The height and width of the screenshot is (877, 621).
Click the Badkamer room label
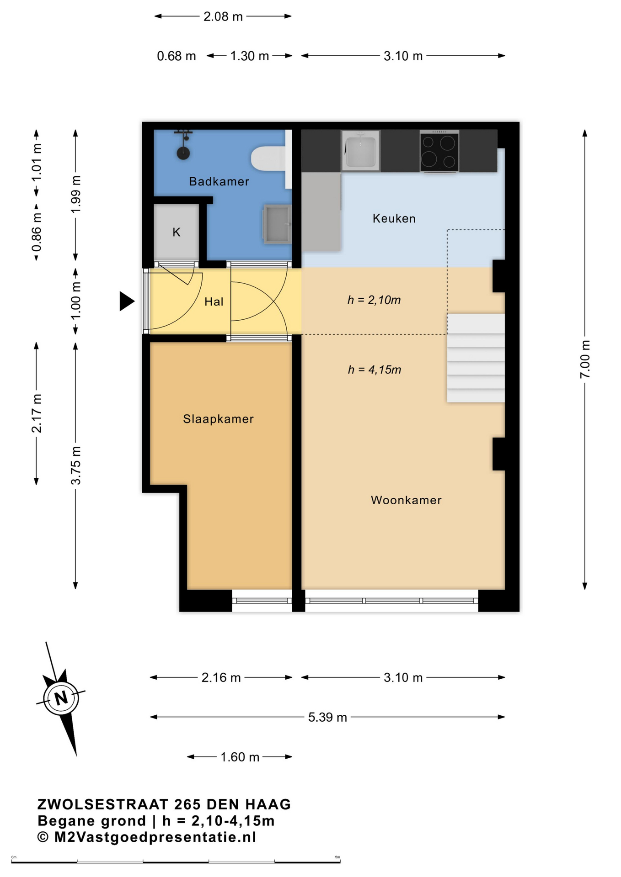point(219,181)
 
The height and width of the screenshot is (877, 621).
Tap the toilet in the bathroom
point(268,158)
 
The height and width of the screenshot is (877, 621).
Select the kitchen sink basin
point(360,151)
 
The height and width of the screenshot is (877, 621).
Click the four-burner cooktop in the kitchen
point(439,152)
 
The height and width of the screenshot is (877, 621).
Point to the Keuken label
point(394,218)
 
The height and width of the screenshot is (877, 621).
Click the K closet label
point(177,232)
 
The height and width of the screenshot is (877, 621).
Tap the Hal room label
point(214,301)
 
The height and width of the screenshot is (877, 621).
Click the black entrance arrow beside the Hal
point(127,301)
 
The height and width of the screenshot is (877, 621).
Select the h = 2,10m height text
point(374,300)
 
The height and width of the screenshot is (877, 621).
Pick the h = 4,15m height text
point(375,370)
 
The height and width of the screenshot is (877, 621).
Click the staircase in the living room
point(476,358)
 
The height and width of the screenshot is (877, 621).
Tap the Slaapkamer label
point(218,419)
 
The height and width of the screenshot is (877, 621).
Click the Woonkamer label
point(406,500)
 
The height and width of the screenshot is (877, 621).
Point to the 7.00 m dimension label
point(585,359)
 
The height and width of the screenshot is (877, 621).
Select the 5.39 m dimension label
point(327,717)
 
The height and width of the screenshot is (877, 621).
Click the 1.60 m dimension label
point(240,757)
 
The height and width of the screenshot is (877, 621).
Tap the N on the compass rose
point(61,698)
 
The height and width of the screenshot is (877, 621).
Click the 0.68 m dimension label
point(177,56)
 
